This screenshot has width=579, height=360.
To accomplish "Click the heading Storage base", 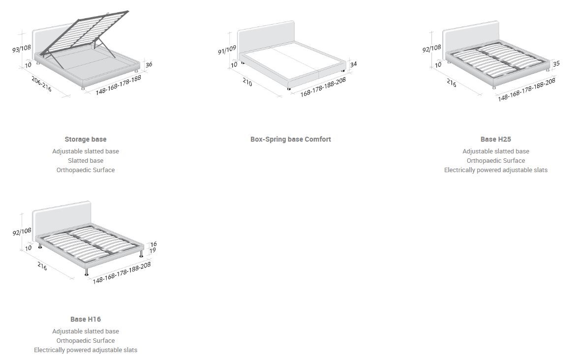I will (85, 139).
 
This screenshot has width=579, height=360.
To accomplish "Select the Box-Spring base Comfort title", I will (290, 139).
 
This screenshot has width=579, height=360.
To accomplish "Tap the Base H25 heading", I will (495, 139).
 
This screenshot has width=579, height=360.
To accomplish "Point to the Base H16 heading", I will (85, 319).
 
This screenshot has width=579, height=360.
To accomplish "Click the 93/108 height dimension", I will (22, 49).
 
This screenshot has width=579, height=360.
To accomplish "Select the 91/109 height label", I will (227, 50).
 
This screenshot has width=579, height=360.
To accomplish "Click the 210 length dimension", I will (247, 83).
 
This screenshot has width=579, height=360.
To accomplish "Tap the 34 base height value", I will (353, 64).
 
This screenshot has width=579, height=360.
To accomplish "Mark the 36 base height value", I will (149, 64).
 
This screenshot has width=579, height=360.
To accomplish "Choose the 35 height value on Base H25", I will (556, 64).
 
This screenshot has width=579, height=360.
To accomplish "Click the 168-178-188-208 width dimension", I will (323, 87).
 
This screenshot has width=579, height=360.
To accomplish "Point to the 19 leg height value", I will (152, 250).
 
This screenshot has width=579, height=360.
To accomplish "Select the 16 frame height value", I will (153, 244).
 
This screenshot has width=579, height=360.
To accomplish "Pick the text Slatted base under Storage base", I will (85, 160).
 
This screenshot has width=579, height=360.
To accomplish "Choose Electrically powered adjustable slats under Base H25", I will (495, 170).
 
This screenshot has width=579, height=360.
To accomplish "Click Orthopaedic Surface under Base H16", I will (85, 340).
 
